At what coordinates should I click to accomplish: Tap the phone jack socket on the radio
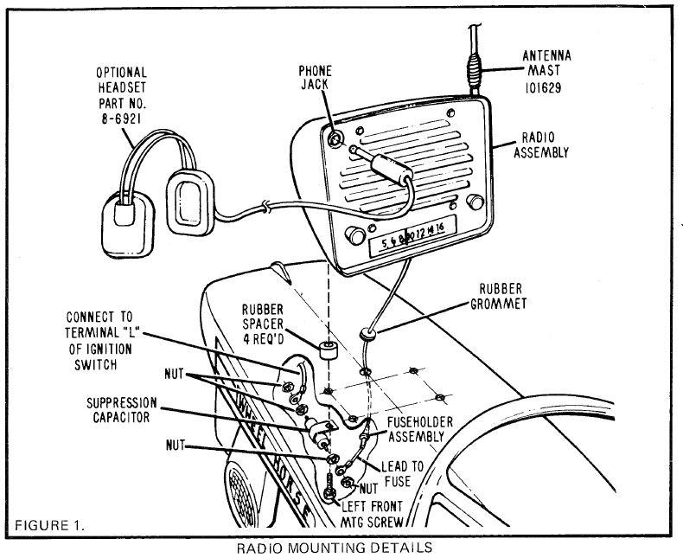click(333, 136)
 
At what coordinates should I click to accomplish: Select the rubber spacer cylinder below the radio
click(327, 350)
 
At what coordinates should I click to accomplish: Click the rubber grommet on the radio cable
click(367, 332)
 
